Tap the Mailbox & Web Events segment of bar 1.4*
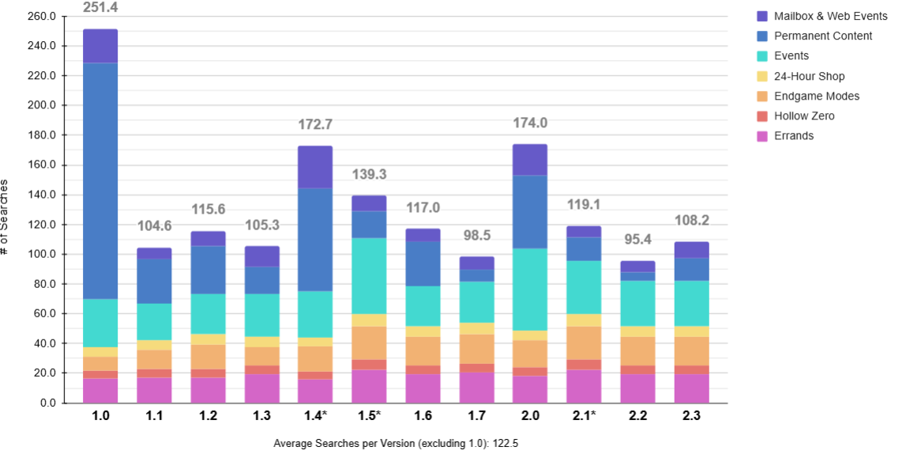click(315, 167)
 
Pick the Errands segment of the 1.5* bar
click(369, 387)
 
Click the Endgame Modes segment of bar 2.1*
click(584, 343)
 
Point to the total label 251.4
click(100, 8)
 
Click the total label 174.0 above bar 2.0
click(530, 123)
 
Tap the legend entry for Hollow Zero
click(803, 116)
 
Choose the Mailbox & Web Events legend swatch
click(762, 16)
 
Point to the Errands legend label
click(793, 136)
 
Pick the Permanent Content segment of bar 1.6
click(423, 264)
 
